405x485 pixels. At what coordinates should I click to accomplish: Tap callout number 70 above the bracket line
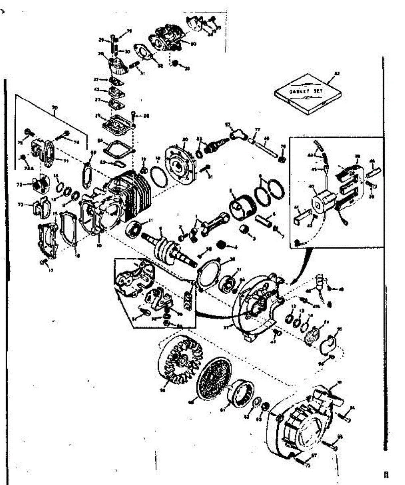(55, 108)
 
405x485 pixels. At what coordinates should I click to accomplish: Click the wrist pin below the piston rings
(263, 222)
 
